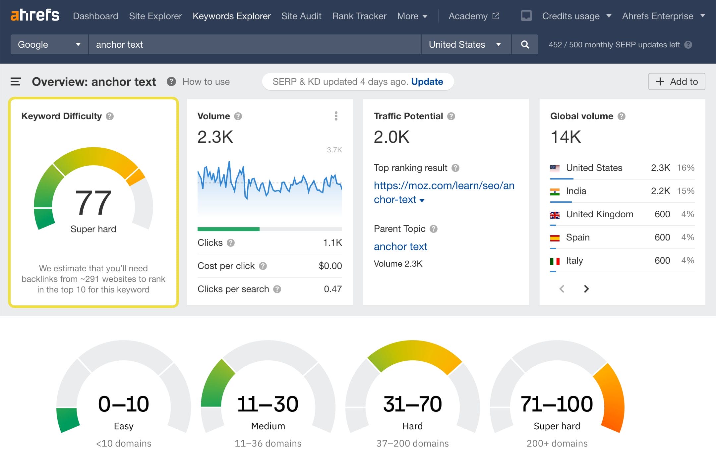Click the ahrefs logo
tap(35, 15)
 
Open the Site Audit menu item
tap(301, 16)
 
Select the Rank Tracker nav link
tap(359, 16)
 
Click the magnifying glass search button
tap(525, 44)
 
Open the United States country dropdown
tap(465, 44)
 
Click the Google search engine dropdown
tap(49, 44)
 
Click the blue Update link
tap(427, 81)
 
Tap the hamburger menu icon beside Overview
tap(16, 81)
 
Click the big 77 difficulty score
tap(93, 202)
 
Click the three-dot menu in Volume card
tap(336, 116)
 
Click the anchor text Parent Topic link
tap(400, 246)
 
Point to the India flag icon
tap(555, 191)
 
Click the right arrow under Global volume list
tap(586, 289)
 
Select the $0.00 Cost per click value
tap(330, 266)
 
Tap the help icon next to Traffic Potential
tap(451, 116)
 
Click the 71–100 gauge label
tap(557, 404)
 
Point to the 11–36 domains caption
tap(268, 443)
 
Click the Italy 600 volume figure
tap(662, 261)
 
